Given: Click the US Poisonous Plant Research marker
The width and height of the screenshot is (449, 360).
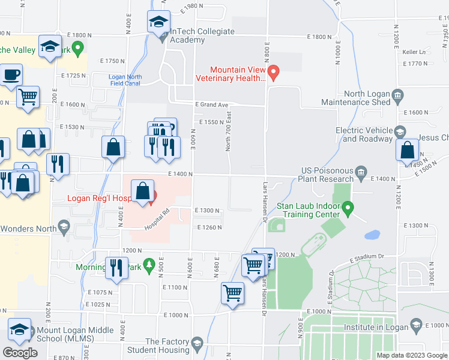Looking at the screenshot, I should click(x=361, y=173).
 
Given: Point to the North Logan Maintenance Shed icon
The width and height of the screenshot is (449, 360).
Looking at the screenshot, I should click(x=397, y=95).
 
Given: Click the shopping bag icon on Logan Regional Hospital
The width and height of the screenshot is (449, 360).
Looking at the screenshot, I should click(x=142, y=193).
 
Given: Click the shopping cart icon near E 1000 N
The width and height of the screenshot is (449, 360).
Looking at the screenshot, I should click(x=232, y=294).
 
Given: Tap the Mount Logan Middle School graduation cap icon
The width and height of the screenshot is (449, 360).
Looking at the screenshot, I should click(x=19, y=330).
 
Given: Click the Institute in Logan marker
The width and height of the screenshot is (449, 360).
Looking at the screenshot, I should click(x=416, y=327).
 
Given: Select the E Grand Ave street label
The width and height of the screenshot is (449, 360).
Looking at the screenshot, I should click(x=211, y=105).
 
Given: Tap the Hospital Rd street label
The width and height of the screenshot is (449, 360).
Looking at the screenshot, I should click(x=158, y=218).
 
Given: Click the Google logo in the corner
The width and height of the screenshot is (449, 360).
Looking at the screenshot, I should click(x=20, y=353).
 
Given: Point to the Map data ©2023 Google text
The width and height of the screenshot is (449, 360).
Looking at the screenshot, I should click(x=412, y=355).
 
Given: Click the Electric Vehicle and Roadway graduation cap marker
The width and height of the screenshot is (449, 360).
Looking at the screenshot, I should click(x=400, y=132).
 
